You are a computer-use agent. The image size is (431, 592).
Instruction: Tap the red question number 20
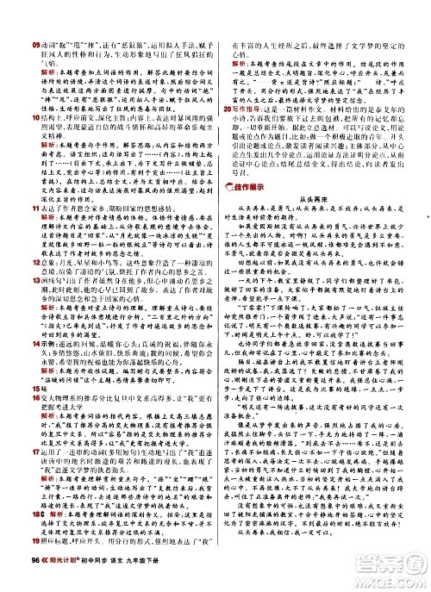pyautogui.click(x=228, y=110)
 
